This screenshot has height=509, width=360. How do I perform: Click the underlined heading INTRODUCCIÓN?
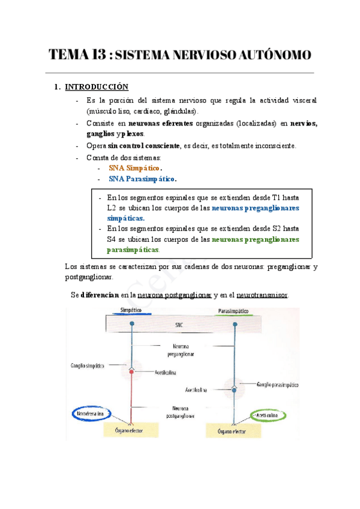[97, 87]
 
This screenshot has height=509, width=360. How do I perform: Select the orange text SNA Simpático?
[134, 169]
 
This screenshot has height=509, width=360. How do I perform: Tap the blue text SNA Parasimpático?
[143, 179]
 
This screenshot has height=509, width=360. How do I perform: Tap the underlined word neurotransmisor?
[263, 295]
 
